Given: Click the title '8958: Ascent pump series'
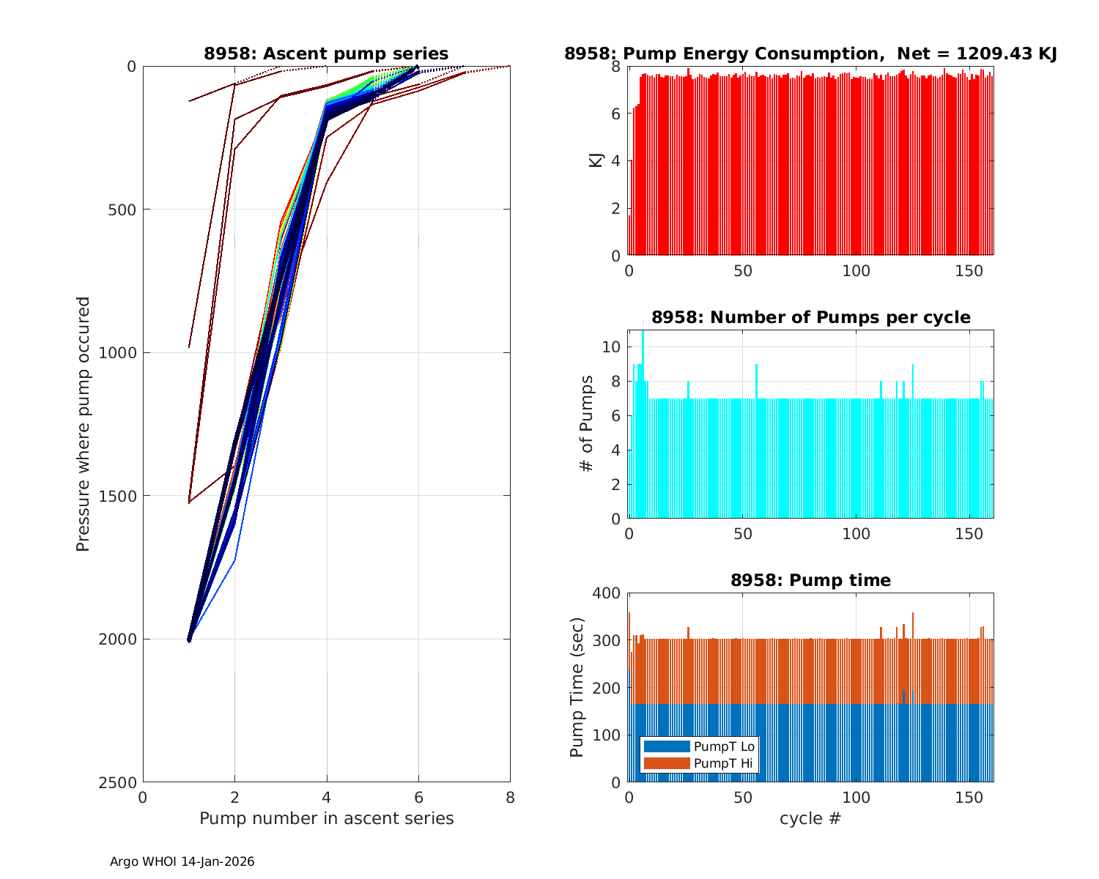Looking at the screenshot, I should tap(326, 53).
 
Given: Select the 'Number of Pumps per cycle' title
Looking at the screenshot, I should tap(810, 317).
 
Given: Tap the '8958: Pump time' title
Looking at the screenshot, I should tap(810, 580).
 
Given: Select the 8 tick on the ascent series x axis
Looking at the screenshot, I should tap(510, 798).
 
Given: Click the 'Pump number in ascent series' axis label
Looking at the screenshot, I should tap(326, 818).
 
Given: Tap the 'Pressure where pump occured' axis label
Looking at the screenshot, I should tap(84, 423).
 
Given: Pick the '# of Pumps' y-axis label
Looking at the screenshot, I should tap(586, 423).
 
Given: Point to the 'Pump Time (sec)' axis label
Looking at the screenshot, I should tap(577, 687).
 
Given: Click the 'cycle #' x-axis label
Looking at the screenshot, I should tap(810, 818).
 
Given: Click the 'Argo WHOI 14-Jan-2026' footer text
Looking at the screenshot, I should tap(182, 862).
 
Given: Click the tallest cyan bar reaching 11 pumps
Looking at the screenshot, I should tap(643, 425).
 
